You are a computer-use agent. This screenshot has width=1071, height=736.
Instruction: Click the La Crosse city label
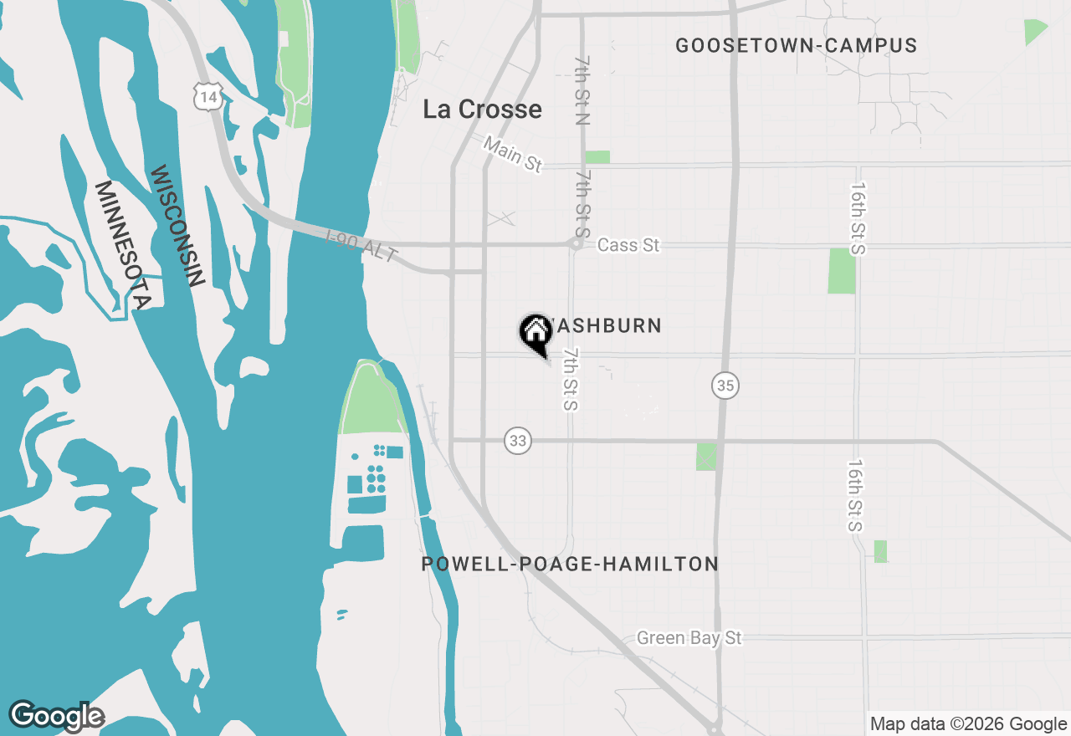[482, 110]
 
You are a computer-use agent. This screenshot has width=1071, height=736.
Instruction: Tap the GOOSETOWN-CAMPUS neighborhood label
[796, 46]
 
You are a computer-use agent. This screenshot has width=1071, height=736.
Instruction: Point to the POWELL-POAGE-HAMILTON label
[570, 564]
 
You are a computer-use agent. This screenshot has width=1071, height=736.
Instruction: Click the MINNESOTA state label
[123, 245]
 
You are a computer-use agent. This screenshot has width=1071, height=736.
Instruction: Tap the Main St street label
[513, 156]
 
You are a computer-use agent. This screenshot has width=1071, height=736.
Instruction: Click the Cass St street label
[628, 245]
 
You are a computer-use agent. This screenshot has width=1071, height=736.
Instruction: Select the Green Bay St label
[689, 638]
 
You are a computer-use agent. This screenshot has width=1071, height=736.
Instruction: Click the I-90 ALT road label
[361, 248]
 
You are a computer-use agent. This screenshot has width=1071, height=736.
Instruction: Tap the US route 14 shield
[207, 97]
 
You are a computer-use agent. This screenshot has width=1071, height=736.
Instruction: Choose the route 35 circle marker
[725, 386]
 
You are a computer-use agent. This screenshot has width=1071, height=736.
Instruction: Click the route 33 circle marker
[518, 441]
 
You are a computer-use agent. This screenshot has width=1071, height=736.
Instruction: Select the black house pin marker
[535, 333]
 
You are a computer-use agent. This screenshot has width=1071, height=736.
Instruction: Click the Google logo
[57, 716]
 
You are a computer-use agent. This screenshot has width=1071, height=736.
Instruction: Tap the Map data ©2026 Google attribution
[968, 724]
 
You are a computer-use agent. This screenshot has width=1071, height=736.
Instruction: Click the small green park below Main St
[597, 157]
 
